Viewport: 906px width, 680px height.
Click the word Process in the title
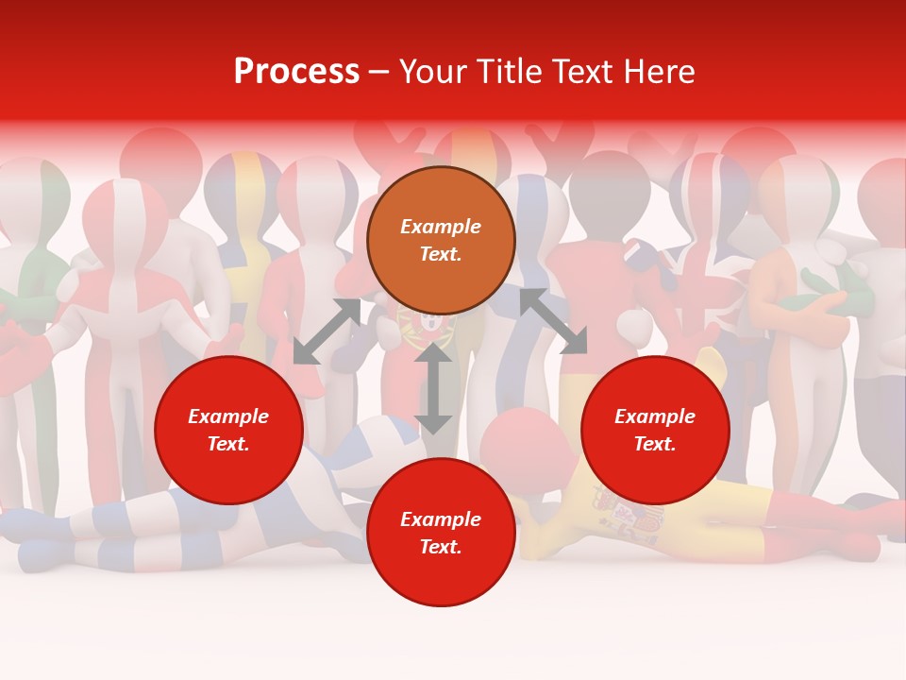[296, 72]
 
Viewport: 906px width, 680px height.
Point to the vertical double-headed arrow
[433, 388]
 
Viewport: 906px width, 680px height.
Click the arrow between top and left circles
[327, 331]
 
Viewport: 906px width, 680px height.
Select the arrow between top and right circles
[553, 321]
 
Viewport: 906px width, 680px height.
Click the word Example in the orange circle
[441, 227]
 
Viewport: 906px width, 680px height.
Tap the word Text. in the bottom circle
[441, 547]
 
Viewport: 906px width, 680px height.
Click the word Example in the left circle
[228, 416]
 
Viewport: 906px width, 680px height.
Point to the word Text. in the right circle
[655, 444]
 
